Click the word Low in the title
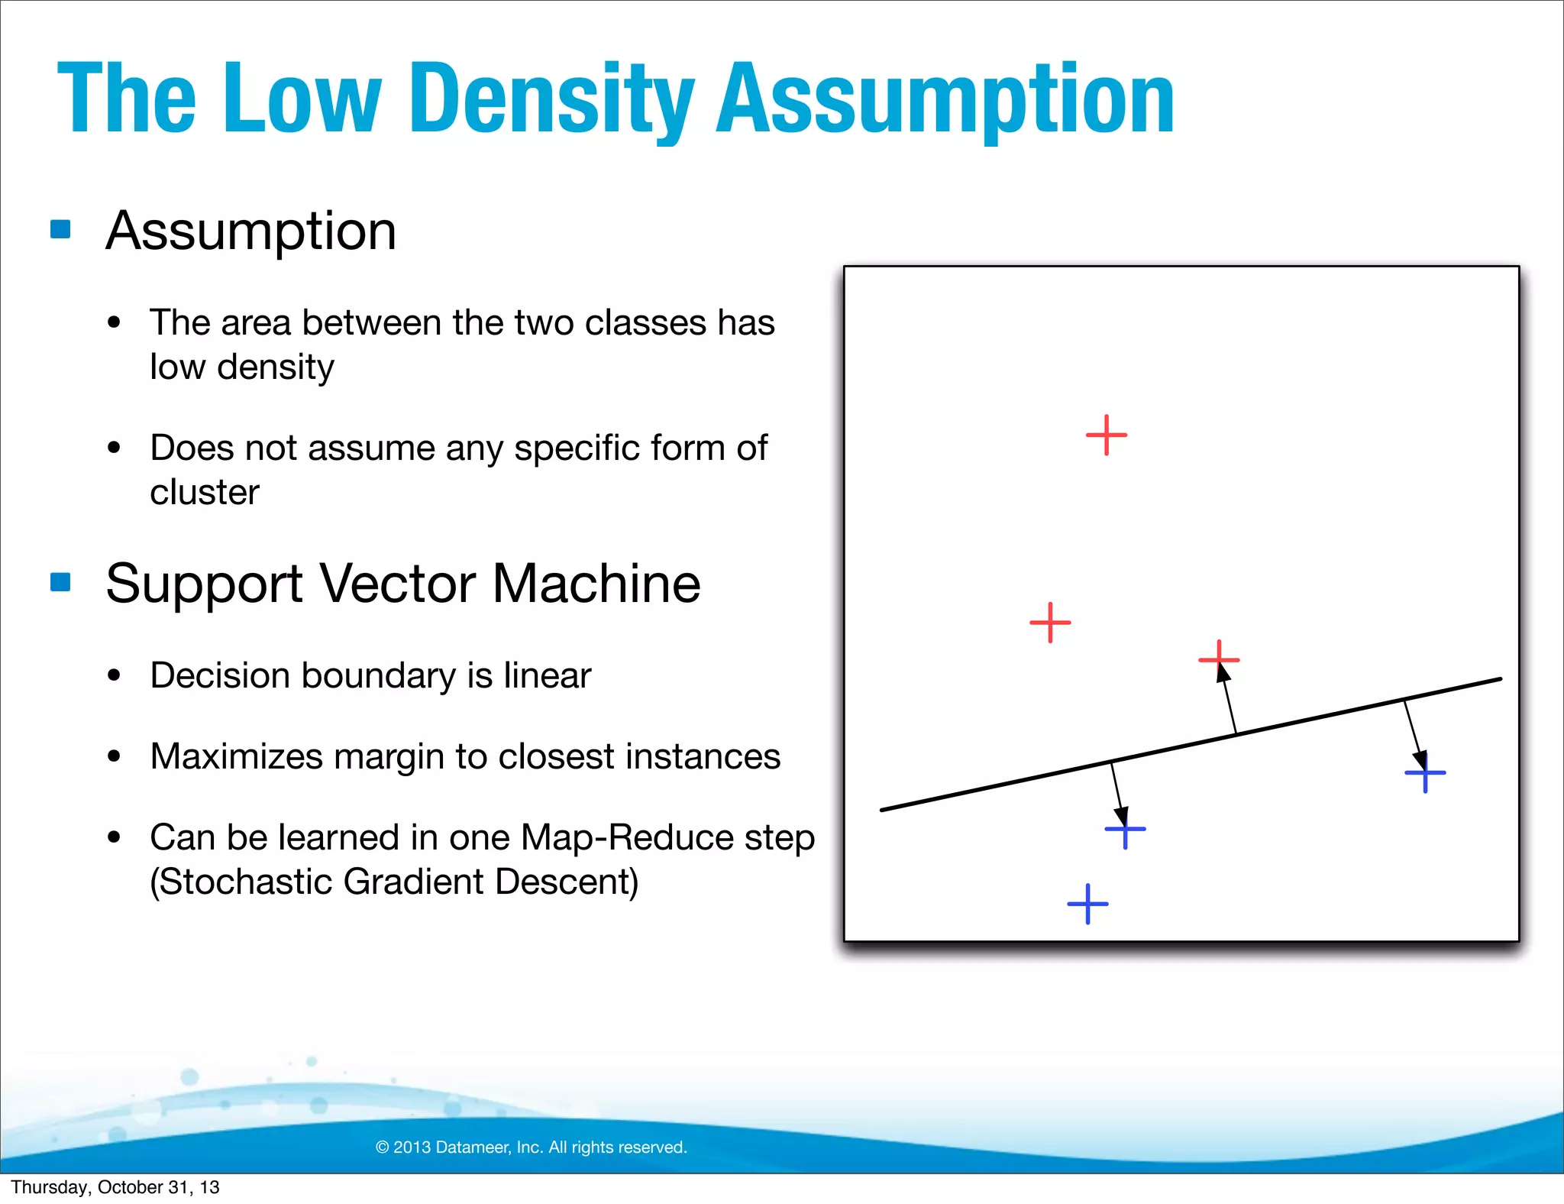click(302, 99)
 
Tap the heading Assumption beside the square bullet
click(251, 231)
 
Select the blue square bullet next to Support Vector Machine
click(60, 582)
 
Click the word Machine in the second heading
click(596, 584)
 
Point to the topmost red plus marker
click(1106, 435)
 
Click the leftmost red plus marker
click(1050, 623)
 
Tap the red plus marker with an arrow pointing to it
click(1219, 659)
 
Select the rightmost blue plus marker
click(1425, 773)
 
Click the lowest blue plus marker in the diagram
click(1087, 905)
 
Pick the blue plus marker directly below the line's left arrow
click(1125, 829)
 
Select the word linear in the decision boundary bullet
click(547, 675)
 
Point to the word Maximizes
click(236, 756)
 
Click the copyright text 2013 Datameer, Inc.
click(532, 1147)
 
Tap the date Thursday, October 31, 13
click(115, 1187)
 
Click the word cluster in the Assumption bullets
click(205, 493)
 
